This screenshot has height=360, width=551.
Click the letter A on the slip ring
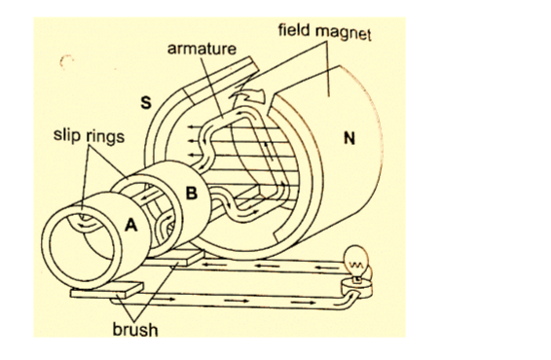131,225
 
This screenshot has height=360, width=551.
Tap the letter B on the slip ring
192,193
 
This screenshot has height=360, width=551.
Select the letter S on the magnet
146,102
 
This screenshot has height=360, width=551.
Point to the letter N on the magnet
349,138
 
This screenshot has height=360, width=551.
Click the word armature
202,49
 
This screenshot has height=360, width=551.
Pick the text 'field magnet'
324,31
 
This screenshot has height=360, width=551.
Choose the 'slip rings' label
89,135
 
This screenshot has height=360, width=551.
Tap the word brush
135,330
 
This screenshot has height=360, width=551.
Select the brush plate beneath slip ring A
106,290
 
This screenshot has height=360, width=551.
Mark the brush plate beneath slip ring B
175,259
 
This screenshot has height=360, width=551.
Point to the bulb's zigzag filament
355,264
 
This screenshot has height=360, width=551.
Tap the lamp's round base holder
356,288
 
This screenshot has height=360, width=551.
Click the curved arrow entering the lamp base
347,300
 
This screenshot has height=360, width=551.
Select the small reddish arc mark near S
64,60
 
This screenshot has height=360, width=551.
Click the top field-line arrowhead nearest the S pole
191,126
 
